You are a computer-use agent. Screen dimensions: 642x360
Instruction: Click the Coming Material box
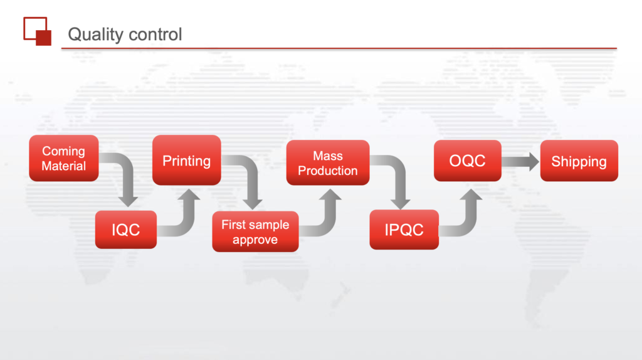pyautogui.click(x=64, y=158)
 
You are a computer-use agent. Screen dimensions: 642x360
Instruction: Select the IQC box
pyautogui.click(x=125, y=230)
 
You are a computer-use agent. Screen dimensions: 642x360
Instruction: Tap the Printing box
pyautogui.click(x=187, y=160)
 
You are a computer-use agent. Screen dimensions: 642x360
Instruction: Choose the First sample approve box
pyautogui.click(x=255, y=231)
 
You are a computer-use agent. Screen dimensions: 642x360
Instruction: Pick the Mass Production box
pyautogui.click(x=327, y=162)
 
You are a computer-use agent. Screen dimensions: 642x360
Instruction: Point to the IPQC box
pyautogui.click(x=404, y=230)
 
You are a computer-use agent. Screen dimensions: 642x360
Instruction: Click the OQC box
pyautogui.click(x=468, y=161)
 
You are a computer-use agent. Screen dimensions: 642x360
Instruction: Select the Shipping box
pyautogui.click(x=579, y=161)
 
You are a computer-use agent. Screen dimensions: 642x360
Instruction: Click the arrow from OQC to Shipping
pyautogui.click(x=520, y=162)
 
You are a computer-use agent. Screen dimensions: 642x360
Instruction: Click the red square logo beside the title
pyautogui.click(x=37, y=31)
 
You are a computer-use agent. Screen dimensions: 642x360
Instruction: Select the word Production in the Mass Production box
pyautogui.click(x=327, y=171)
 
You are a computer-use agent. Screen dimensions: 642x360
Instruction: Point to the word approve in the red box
pyautogui.click(x=255, y=240)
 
